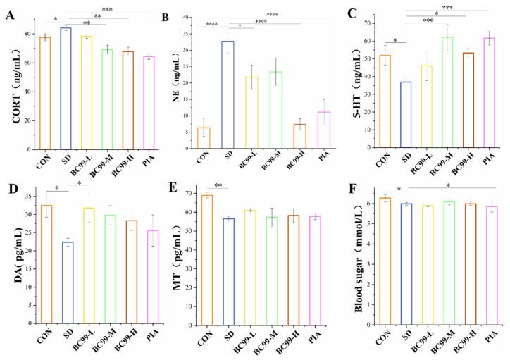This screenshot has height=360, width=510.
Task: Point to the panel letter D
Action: point(10,189)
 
